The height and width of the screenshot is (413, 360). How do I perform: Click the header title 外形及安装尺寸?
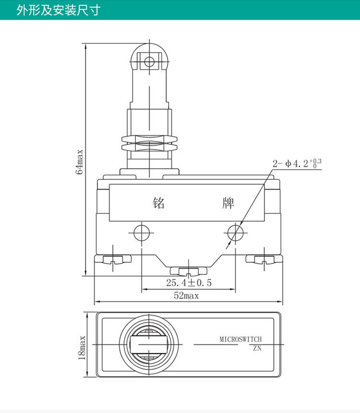tap(58, 10)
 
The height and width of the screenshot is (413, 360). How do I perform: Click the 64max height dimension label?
tap(79, 162)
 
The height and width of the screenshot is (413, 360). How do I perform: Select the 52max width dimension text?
tap(186, 295)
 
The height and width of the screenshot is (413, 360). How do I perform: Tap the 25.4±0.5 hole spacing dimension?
tap(189, 283)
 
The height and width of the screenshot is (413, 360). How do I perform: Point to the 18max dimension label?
tap(82, 348)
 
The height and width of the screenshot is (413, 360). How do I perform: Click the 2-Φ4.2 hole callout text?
tap(297, 163)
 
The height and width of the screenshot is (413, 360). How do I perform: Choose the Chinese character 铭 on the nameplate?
tap(159, 203)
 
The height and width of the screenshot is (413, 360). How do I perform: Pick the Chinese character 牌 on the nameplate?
tap(228, 203)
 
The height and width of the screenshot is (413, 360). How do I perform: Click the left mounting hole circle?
tap(142, 233)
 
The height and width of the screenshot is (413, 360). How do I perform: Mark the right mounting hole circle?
tap(235, 233)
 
